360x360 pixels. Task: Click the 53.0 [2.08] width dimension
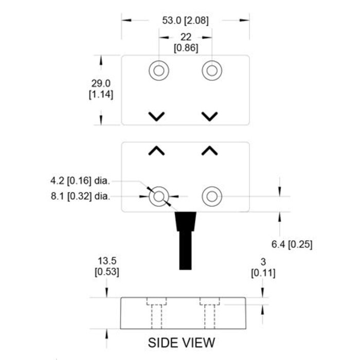click(185, 21)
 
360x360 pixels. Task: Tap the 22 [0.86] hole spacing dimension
click(185, 42)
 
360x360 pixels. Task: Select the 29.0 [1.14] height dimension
click(101, 89)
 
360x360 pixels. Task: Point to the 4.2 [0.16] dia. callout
click(80, 181)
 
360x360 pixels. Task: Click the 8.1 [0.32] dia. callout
click(80, 196)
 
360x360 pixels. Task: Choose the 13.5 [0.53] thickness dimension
click(106, 266)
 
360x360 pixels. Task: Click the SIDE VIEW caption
click(182, 342)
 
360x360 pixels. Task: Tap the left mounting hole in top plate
click(158, 70)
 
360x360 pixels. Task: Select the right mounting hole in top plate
click(211, 70)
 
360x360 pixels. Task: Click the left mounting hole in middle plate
click(158, 196)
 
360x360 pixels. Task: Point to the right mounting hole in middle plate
click(211, 196)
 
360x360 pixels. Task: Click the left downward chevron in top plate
click(157, 116)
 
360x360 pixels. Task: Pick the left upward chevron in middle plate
click(157, 150)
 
